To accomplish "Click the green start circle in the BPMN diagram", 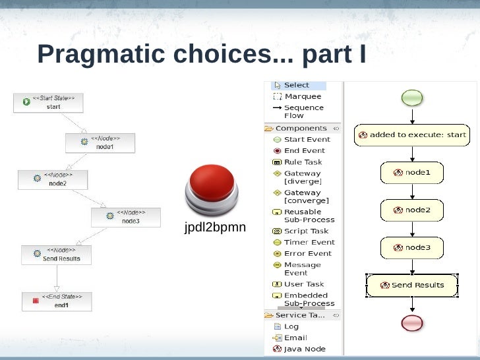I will pyautogui.click(x=412, y=98).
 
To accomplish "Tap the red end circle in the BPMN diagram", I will pyautogui.click(x=412, y=322).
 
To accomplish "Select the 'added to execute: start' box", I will pyautogui.click(x=412, y=135).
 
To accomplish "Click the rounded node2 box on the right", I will pyautogui.click(x=412, y=210).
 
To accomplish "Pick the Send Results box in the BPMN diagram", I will pyautogui.click(x=412, y=285).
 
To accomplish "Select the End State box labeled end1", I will pyautogui.click(x=57, y=301).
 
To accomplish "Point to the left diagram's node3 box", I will pyautogui.click(x=125, y=218).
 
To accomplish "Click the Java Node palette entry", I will pyautogui.click(x=304, y=349).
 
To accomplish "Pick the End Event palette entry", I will pyautogui.click(x=303, y=150).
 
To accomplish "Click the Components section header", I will pyautogui.click(x=301, y=128).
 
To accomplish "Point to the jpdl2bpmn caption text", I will pyautogui.click(x=215, y=227).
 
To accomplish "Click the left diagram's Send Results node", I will pyautogui.click(x=56, y=255).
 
